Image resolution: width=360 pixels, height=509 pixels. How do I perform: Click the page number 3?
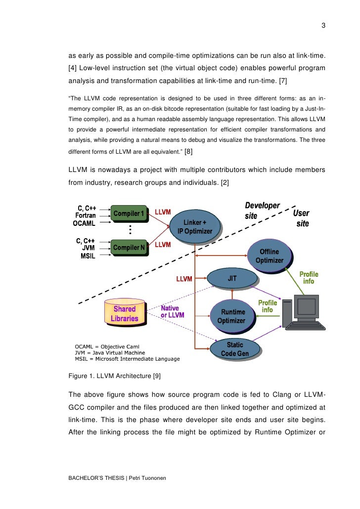pos(323,26)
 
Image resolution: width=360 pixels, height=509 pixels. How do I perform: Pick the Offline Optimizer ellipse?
pos(270,256)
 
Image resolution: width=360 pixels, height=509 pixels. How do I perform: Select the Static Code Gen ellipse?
pos(234,349)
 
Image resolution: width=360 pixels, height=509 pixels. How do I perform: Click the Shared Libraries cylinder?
pos(124,313)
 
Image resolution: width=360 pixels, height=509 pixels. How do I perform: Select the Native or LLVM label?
pos(172,311)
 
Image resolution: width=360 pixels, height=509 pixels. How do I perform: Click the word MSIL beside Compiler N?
pos(88,256)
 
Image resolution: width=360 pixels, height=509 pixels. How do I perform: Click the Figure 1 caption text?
pos(115,376)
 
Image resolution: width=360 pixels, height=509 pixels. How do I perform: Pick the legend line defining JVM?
pos(110,353)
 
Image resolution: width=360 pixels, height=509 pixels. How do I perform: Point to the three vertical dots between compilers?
pos(130,230)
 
